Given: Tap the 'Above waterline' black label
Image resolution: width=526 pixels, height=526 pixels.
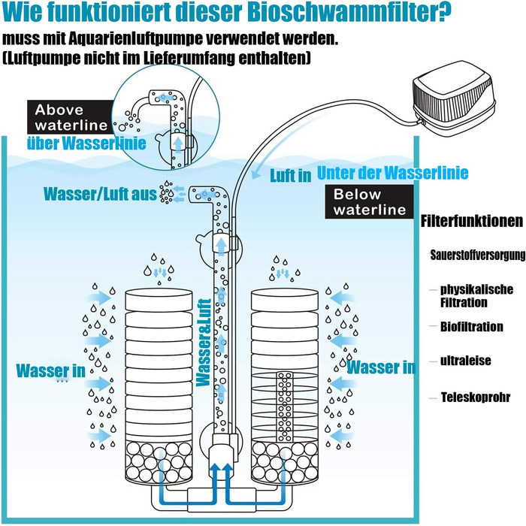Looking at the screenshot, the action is [x=71, y=117].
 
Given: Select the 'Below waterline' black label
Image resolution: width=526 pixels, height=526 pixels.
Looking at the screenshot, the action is [x=370, y=202].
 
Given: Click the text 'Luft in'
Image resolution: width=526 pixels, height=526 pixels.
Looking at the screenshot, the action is [x=291, y=176].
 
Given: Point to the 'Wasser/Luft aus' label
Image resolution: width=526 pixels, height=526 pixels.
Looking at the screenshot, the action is [x=100, y=194].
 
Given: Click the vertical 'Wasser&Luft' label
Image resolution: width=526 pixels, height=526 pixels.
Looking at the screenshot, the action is [x=204, y=343].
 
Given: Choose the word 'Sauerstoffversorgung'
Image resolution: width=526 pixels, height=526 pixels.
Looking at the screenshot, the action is [x=478, y=255].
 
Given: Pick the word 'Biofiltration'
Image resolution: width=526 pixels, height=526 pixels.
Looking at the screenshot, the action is [x=472, y=327].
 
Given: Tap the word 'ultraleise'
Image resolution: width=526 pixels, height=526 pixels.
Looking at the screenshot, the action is [x=466, y=361].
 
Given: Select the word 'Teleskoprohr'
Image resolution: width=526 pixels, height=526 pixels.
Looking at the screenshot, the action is [x=476, y=398].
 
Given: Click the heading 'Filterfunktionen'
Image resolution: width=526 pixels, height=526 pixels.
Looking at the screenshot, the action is [x=472, y=221].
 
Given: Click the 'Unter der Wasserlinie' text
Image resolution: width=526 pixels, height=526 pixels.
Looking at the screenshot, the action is [x=392, y=173].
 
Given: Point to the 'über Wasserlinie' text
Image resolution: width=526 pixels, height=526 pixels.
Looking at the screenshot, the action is [x=86, y=144].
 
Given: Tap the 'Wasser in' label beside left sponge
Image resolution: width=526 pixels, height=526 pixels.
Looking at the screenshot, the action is [x=50, y=371].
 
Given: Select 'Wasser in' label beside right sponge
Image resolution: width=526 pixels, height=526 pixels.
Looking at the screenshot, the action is [x=381, y=367].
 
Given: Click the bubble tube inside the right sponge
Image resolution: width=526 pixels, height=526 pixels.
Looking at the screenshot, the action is [x=284, y=407].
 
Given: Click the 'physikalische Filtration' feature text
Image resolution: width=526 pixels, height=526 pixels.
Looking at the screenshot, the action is [x=476, y=296].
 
